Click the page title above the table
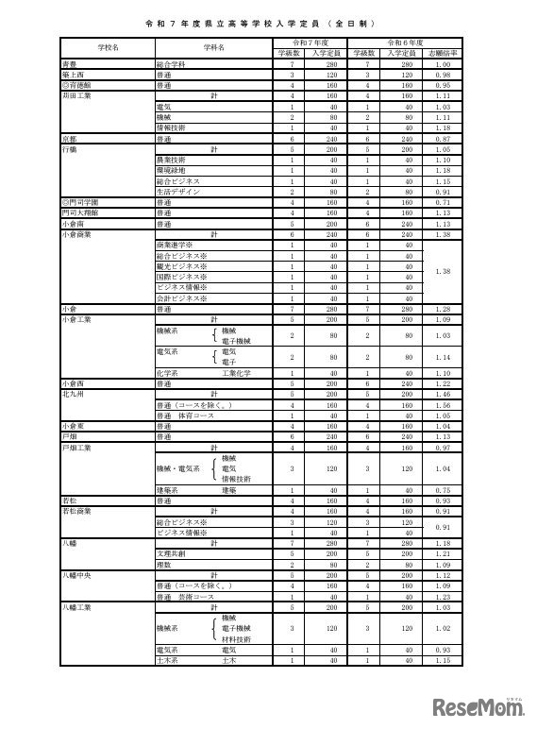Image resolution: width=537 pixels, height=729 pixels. pyautogui.click(x=268, y=21)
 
